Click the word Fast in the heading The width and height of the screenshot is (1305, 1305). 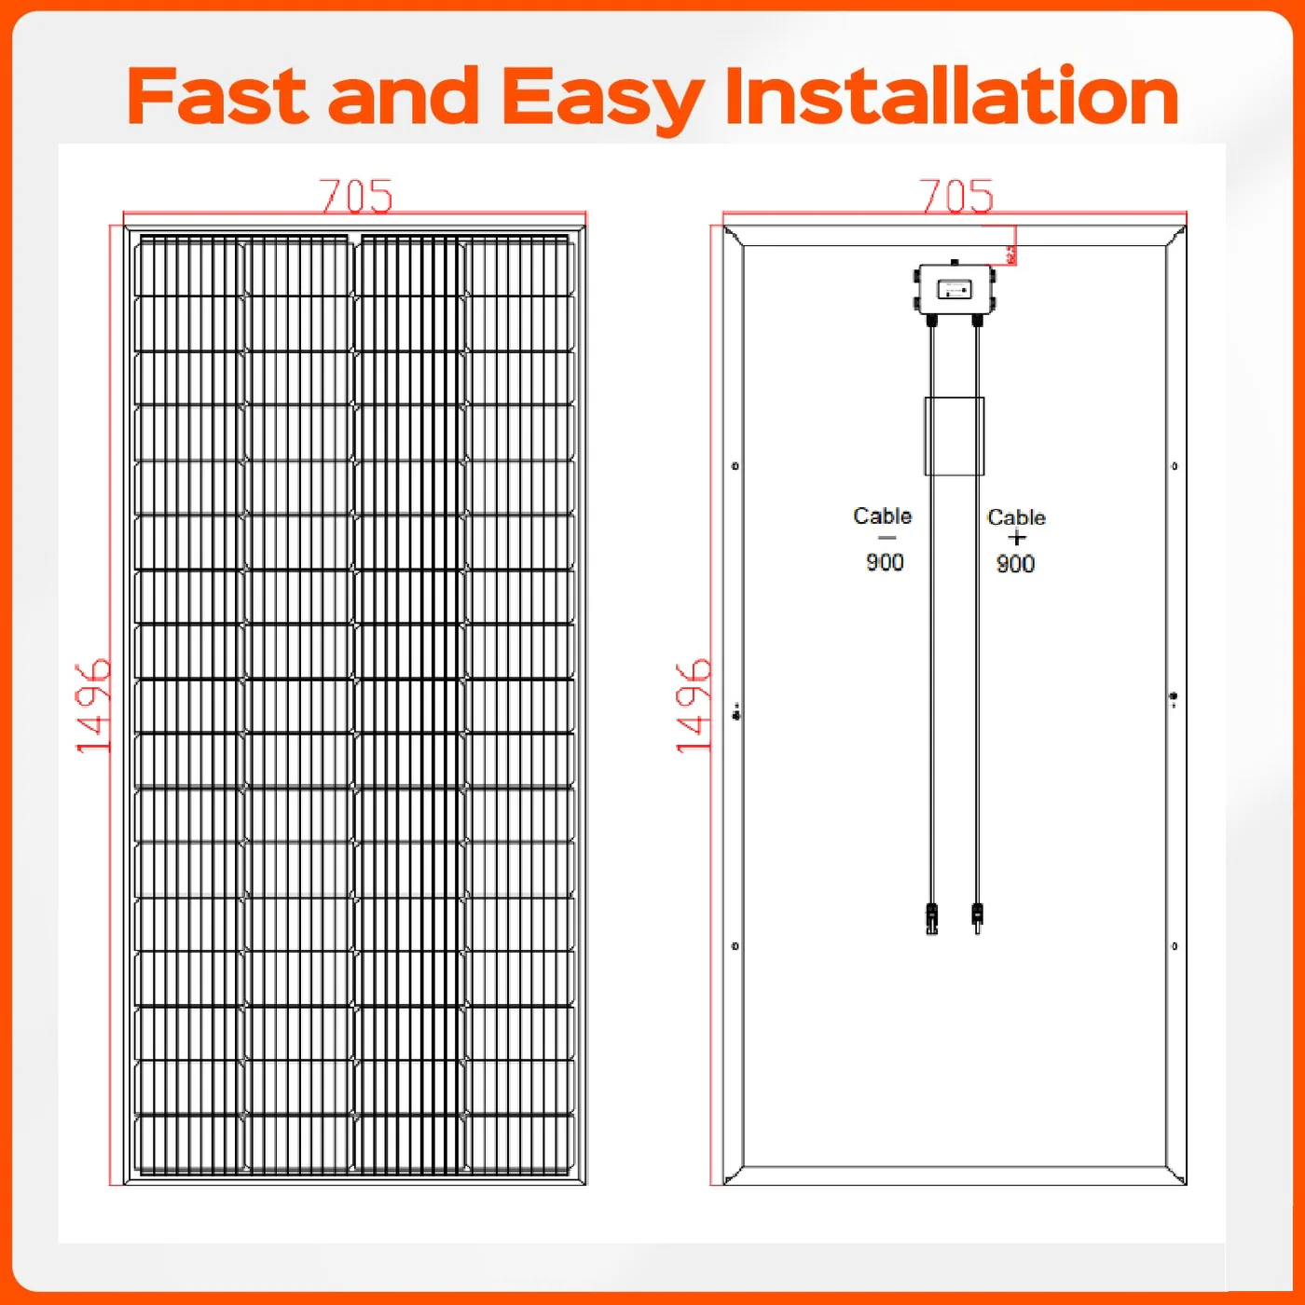pos(216,96)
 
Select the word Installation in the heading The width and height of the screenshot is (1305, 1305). pos(951,96)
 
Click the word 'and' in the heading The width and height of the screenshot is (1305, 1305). pos(404,96)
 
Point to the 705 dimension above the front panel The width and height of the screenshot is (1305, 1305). pos(356,196)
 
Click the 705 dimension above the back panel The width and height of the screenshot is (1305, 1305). pos(956,196)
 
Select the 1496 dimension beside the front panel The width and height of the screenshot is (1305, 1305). pos(93,706)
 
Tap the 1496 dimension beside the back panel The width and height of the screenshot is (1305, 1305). pos(694,706)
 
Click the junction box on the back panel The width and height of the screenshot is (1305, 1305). pos(955,291)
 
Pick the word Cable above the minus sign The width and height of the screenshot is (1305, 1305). pos(882,515)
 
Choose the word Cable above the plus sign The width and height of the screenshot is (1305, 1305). pos(1016,517)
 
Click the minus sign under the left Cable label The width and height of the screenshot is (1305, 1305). pos(886,538)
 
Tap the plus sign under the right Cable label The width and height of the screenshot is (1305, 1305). pos(1016,538)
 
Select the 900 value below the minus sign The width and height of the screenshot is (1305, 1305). pos(885,562)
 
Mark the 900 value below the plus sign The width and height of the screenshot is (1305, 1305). pos(1015,564)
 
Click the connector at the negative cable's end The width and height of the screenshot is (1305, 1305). pos(931,918)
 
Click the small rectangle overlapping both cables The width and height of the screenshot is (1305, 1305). pos(955,436)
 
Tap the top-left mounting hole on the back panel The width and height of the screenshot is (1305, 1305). pos(735,466)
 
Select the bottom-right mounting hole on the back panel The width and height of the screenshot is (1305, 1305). pos(1174,946)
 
